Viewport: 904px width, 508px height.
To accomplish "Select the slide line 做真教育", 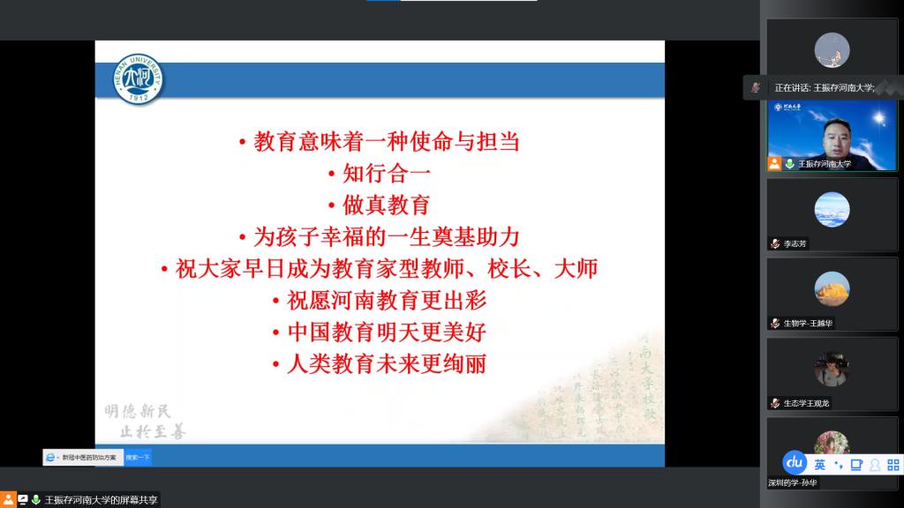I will [385, 205].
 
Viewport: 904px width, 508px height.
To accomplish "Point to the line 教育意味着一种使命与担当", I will [387, 141].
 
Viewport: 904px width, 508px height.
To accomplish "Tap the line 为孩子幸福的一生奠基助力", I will [387, 236].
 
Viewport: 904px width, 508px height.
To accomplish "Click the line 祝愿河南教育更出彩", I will [387, 300].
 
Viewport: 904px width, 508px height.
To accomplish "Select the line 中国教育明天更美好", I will [387, 332].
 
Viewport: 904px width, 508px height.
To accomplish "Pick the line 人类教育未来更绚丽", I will [387, 363].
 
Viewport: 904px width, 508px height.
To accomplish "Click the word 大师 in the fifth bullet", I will [576, 268].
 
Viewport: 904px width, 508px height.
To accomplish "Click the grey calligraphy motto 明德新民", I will [138, 411].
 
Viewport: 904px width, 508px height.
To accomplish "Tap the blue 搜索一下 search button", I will [138, 457].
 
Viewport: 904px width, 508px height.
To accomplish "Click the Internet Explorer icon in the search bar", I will [50, 457].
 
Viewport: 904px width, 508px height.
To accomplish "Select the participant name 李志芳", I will [795, 243].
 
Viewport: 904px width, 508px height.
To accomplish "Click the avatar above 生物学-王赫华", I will [832, 288].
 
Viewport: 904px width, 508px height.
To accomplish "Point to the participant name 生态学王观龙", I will [806, 403].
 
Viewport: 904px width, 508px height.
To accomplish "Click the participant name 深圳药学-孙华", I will [792, 483].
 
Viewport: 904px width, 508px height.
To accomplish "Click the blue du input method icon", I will [795, 463].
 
